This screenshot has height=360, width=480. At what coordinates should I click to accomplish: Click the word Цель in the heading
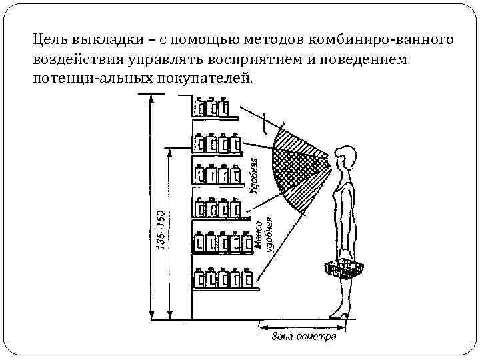(51, 40)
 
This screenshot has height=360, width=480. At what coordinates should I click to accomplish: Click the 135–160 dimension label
(160, 231)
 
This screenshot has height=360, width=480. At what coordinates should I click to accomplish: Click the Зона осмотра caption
(303, 336)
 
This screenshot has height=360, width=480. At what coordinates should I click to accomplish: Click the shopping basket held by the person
(344, 268)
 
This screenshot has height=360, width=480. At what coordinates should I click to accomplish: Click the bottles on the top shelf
(211, 107)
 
